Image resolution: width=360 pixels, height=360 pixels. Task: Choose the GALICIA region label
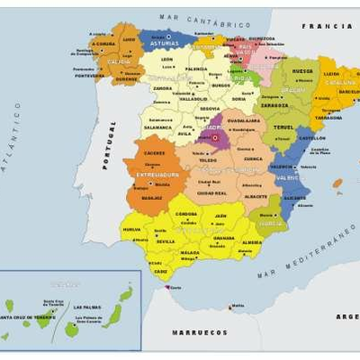(118, 61)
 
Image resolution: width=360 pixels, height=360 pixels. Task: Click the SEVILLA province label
(165, 241)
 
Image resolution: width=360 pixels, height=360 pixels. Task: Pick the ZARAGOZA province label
(274, 105)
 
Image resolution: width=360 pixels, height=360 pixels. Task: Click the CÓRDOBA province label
(186, 214)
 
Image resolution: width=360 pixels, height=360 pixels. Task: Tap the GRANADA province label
(224, 238)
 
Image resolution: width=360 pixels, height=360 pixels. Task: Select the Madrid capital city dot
(214, 137)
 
